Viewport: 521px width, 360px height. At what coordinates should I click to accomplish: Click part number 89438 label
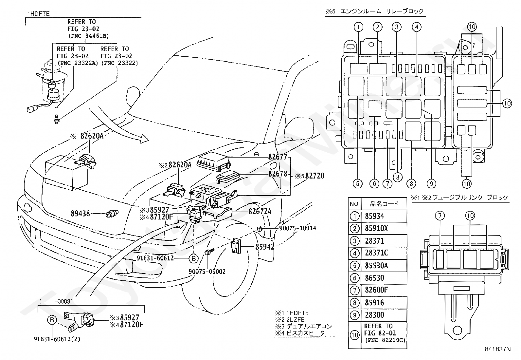(x=80, y=213)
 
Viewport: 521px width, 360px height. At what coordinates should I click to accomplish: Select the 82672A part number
(x=260, y=211)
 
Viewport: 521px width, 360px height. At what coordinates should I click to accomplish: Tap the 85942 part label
(x=265, y=247)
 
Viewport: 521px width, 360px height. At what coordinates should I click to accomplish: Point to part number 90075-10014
(x=298, y=228)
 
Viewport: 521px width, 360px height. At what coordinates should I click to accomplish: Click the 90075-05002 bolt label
(x=207, y=272)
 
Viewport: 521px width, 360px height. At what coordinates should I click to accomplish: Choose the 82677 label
(x=278, y=157)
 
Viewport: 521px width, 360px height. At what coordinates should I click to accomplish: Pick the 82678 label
(x=278, y=174)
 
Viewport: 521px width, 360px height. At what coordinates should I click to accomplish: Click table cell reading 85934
(x=374, y=216)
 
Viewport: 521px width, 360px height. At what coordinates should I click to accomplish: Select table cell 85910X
(x=376, y=228)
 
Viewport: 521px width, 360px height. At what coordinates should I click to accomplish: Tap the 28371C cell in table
(x=376, y=253)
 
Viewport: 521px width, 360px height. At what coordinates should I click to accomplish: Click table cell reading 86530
(x=374, y=278)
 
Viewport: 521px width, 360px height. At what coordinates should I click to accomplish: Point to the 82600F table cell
(x=376, y=290)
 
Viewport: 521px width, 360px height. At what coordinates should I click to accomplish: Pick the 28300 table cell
(x=374, y=315)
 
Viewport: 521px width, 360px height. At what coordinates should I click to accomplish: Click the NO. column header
(x=354, y=204)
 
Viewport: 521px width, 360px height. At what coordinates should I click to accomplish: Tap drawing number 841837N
(x=498, y=349)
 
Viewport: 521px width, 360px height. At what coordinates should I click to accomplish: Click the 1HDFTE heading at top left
(x=39, y=13)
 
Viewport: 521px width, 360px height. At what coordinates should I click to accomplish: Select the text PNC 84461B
(x=89, y=36)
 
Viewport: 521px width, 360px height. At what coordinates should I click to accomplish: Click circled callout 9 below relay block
(x=431, y=184)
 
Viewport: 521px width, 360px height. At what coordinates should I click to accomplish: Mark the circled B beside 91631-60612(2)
(x=52, y=320)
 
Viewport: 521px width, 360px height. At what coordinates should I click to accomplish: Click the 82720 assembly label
(x=315, y=176)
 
